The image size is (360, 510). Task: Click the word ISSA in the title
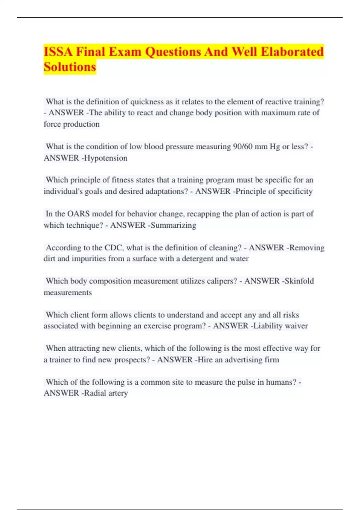pos(58,52)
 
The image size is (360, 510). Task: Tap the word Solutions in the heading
pos(70,67)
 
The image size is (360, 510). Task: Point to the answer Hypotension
pos(106,158)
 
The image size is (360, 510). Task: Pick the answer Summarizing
pos(173,225)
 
